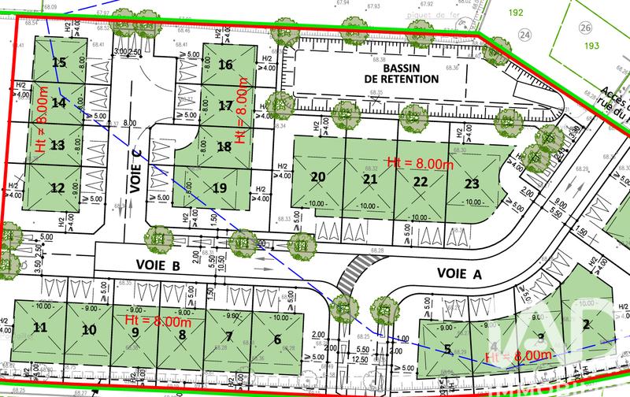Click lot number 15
pyautogui.click(x=58, y=63)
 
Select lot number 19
pyautogui.click(x=220, y=187)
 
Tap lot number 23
pyautogui.click(x=472, y=183)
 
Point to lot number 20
pyautogui.click(x=318, y=177)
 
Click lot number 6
pyautogui.click(x=276, y=339)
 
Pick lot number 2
pyautogui.click(x=586, y=323)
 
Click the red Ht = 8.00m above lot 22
pyautogui.click(x=418, y=161)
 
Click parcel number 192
pyautogui.click(x=539, y=13)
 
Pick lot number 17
pyautogui.click(x=225, y=106)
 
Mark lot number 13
pyautogui.click(x=57, y=145)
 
